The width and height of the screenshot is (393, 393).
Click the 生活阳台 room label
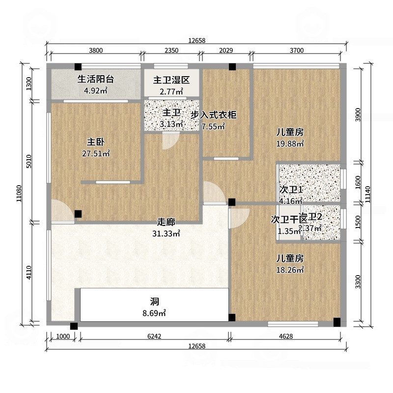point(96,79)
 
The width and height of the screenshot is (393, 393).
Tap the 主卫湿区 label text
point(171,80)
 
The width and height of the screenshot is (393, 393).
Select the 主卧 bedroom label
point(96,142)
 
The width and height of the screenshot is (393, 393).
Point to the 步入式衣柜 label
point(214,115)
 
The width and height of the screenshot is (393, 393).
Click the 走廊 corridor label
point(166,223)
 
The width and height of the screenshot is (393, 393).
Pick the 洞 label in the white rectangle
point(154,301)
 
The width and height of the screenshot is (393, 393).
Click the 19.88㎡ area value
point(289,143)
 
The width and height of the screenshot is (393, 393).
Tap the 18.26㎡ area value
point(289,270)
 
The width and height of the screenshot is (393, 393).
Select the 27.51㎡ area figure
point(96,153)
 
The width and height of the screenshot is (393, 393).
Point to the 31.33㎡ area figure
point(166,234)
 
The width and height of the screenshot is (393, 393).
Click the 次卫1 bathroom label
point(290,190)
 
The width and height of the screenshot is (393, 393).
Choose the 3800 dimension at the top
point(95,50)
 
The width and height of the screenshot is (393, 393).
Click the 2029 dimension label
point(226,50)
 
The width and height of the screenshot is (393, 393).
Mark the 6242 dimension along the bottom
point(154,337)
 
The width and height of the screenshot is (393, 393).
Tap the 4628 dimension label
point(286,337)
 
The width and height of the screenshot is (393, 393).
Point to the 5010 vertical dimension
point(29,162)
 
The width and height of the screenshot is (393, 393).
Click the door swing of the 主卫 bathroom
point(169,141)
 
